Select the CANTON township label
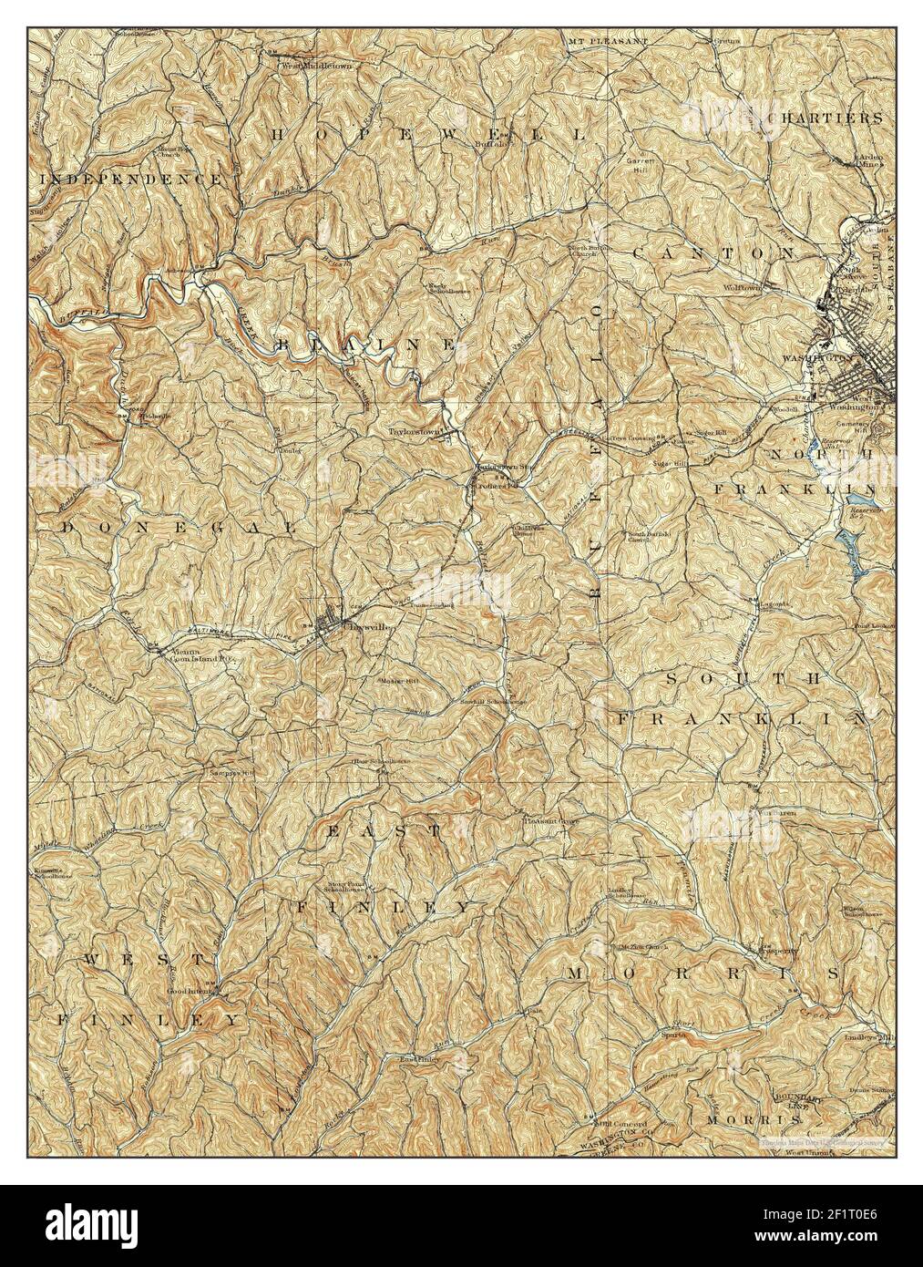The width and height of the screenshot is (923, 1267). click(713, 252)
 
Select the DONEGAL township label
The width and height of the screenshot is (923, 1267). click(179, 528)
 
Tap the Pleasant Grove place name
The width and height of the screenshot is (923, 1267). click(551, 821)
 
